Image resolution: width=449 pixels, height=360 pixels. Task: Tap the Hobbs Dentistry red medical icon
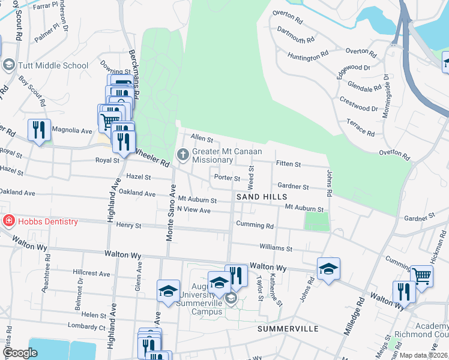click(8, 221)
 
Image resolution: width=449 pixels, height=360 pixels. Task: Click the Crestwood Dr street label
click(360, 104)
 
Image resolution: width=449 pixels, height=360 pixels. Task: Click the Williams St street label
click(276, 247)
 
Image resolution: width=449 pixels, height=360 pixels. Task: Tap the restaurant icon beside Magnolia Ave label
click(38, 130)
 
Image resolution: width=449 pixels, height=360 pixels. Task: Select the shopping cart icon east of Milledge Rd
click(422, 276)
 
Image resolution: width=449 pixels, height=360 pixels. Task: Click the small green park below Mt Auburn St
click(317, 221)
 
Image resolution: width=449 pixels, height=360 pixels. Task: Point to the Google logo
click(20, 353)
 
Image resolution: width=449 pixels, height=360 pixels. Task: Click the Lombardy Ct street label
click(86, 328)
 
